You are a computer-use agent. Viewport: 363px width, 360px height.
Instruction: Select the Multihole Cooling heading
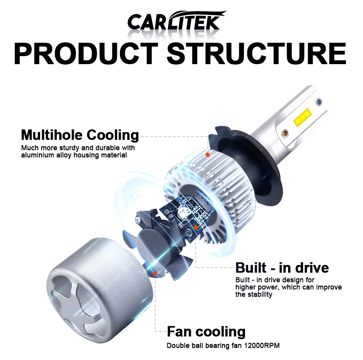80,135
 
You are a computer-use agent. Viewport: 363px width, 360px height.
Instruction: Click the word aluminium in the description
37,155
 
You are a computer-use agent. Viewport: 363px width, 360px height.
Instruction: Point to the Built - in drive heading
282,268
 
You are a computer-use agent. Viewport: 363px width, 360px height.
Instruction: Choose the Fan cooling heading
206,331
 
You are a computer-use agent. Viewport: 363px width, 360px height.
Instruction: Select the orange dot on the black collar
207,155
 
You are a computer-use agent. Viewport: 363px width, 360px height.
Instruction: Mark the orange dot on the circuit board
196,227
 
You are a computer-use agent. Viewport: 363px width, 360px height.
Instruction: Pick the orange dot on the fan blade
155,273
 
